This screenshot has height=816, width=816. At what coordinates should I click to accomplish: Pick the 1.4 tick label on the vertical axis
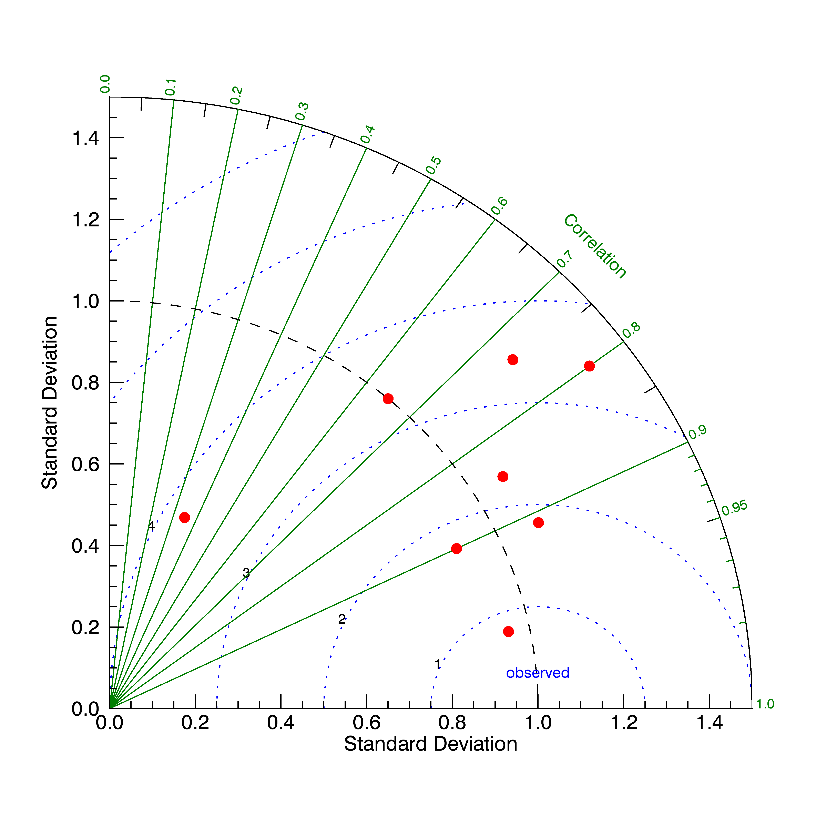click(x=86, y=138)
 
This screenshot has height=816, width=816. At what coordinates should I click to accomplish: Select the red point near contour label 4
click(x=185, y=517)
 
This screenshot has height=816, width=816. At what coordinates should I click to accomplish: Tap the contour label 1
click(x=438, y=664)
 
